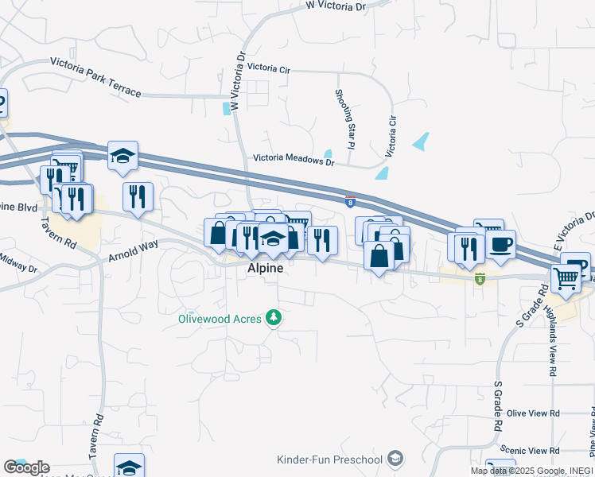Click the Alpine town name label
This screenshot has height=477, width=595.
point(260,270)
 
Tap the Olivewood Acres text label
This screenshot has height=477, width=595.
point(220,319)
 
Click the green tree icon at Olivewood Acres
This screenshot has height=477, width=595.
point(274,318)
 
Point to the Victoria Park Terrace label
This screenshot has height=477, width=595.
point(95,77)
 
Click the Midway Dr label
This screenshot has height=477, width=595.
point(17,262)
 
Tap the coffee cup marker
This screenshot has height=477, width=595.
point(500,245)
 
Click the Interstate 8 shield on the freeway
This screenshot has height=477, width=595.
point(349,201)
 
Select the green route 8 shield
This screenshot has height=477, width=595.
point(480,278)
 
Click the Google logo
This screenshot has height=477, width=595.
point(26,467)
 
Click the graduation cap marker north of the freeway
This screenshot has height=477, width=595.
point(123,157)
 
